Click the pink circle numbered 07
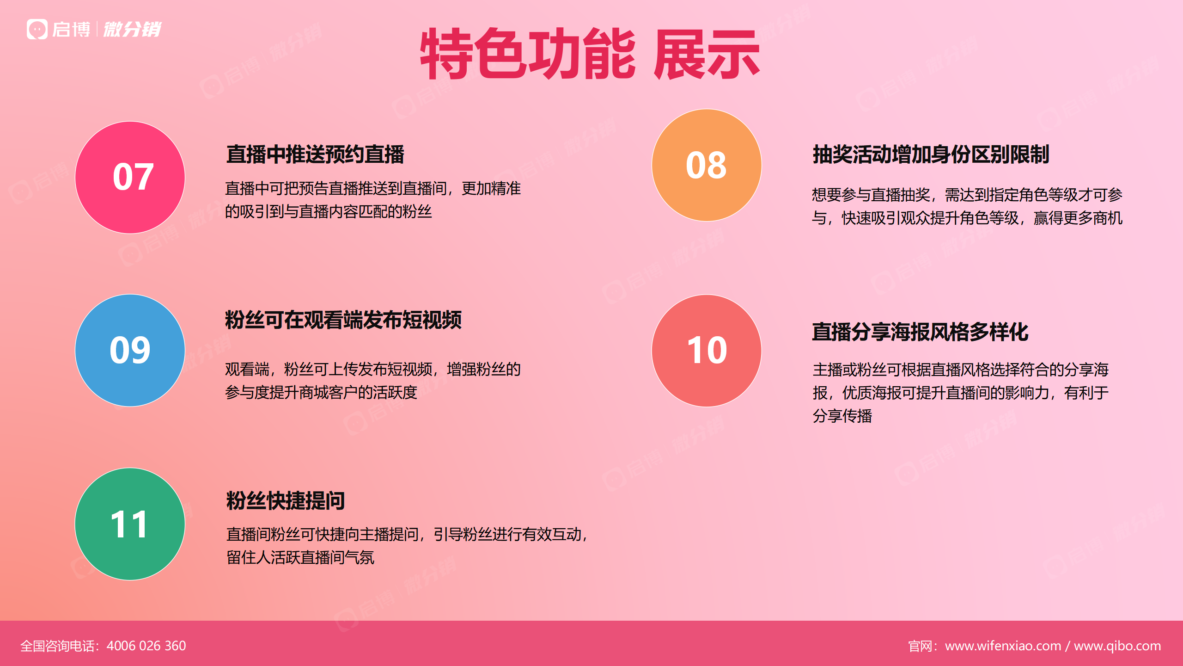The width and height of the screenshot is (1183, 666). [x=130, y=178]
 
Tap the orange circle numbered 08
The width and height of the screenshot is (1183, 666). [x=707, y=165]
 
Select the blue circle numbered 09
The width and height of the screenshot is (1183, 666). [x=130, y=351]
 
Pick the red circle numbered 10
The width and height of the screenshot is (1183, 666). [x=707, y=351]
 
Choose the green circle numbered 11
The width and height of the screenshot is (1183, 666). [x=130, y=524]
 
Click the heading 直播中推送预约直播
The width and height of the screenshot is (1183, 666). [x=315, y=154]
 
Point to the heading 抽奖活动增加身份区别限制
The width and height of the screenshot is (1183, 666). [x=931, y=154]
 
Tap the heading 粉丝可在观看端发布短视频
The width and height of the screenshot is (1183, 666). [x=343, y=320]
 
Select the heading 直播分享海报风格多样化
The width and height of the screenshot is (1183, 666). [x=920, y=332]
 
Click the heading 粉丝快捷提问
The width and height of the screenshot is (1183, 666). [x=286, y=500]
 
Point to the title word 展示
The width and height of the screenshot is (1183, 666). [x=707, y=54]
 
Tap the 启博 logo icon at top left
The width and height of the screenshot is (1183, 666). [x=37, y=29]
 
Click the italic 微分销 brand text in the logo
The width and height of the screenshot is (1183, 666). [x=132, y=29]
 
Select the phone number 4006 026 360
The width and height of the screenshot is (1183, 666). [x=146, y=646]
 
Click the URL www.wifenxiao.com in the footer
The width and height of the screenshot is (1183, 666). [x=1003, y=646]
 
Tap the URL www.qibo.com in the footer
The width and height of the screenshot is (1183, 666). [x=1117, y=646]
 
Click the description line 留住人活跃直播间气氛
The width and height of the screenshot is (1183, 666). [x=300, y=557]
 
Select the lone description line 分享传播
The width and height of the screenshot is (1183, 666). [x=842, y=416]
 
